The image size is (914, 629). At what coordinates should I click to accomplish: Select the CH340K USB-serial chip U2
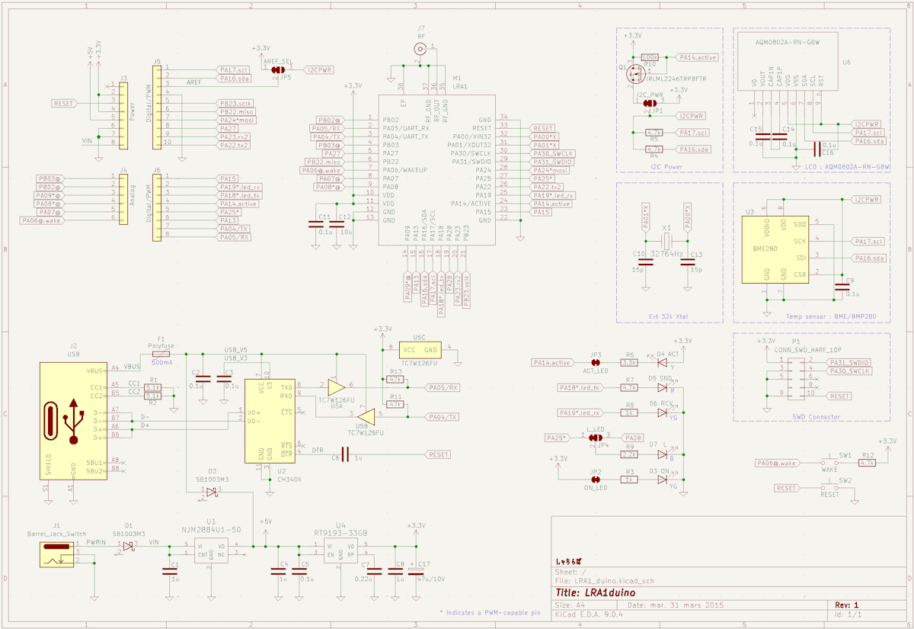tap(270, 421)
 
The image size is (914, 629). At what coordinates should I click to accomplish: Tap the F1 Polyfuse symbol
tap(161, 355)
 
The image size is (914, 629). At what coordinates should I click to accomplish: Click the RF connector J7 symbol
tap(420, 49)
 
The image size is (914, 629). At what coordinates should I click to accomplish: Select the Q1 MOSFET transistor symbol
tap(633, 74)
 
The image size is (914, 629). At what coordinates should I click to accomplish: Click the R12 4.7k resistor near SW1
tap(866, 463)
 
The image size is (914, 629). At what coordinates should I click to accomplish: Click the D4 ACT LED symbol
tap(662, 364)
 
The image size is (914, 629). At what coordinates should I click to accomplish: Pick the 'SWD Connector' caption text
tap(814, 416)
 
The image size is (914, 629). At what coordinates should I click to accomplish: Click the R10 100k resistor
tap(650, 57)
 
